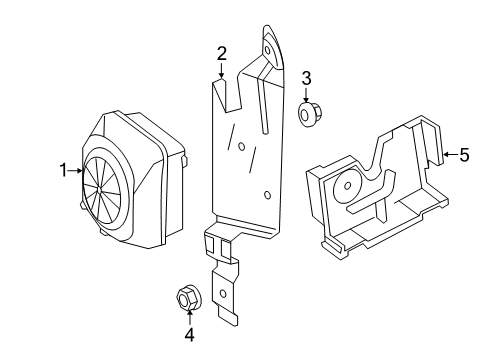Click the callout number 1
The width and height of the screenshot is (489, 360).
(x=64, y=170)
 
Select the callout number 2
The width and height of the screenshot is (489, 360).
(x=222, y=54)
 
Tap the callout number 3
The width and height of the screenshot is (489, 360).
(x=306, y=79)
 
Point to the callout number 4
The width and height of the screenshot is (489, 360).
(x=189, y=335)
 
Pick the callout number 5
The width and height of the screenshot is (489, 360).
(x=464, y=155)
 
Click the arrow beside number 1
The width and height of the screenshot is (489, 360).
(x=75, y=171)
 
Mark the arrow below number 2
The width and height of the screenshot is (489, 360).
(x=222, y=70)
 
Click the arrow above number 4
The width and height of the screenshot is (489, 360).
(x=189, y=317)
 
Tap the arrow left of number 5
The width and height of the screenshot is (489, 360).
(x=450, y=154)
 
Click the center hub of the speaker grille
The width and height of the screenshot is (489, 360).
(x=100, y=190)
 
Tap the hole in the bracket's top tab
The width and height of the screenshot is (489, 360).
(x=267, y=50)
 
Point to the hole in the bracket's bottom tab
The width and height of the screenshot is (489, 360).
(x=223, y=294)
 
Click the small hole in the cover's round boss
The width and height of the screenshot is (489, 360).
(x=347, y=185)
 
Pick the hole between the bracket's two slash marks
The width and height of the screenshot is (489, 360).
(x=242, y=146)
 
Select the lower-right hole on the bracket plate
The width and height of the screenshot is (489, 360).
(x=267, y=195)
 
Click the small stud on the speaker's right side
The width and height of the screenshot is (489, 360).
(x=185, y=161)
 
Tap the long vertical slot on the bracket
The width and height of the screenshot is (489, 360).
(x=262, y=105)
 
